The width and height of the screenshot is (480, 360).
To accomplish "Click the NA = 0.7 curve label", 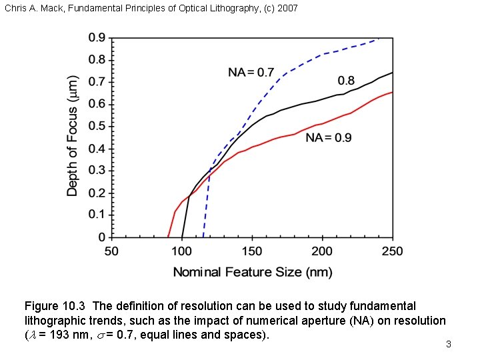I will click(251, 72).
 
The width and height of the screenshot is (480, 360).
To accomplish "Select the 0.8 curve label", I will click(346, 81).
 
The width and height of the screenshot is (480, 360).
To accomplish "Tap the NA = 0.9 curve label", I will click(329, 138).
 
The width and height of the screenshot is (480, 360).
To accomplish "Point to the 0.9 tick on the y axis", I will click(97, 38).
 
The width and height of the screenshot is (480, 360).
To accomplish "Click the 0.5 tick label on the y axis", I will click(97, 126).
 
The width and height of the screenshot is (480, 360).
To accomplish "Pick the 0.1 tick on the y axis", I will click(97, 215).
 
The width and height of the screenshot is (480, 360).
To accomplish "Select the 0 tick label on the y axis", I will click(101, 237).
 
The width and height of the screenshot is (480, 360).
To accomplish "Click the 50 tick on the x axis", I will click(111, 251).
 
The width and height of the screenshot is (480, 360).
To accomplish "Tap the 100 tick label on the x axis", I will click(182, 251).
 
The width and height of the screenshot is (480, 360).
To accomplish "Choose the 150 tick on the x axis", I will click(252, 251).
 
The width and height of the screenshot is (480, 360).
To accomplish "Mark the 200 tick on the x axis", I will click(322, 251).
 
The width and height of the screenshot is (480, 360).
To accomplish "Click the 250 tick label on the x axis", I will click(392, 251).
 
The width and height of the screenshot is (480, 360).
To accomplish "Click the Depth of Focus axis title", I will click(73, 135).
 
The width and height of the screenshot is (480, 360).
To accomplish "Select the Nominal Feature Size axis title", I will click(252, 272).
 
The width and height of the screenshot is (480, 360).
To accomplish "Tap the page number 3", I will click(449, 345).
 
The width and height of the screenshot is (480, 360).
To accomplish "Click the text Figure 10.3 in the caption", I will click(55, 306).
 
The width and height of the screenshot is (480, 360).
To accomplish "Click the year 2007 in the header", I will click(287, 8).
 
